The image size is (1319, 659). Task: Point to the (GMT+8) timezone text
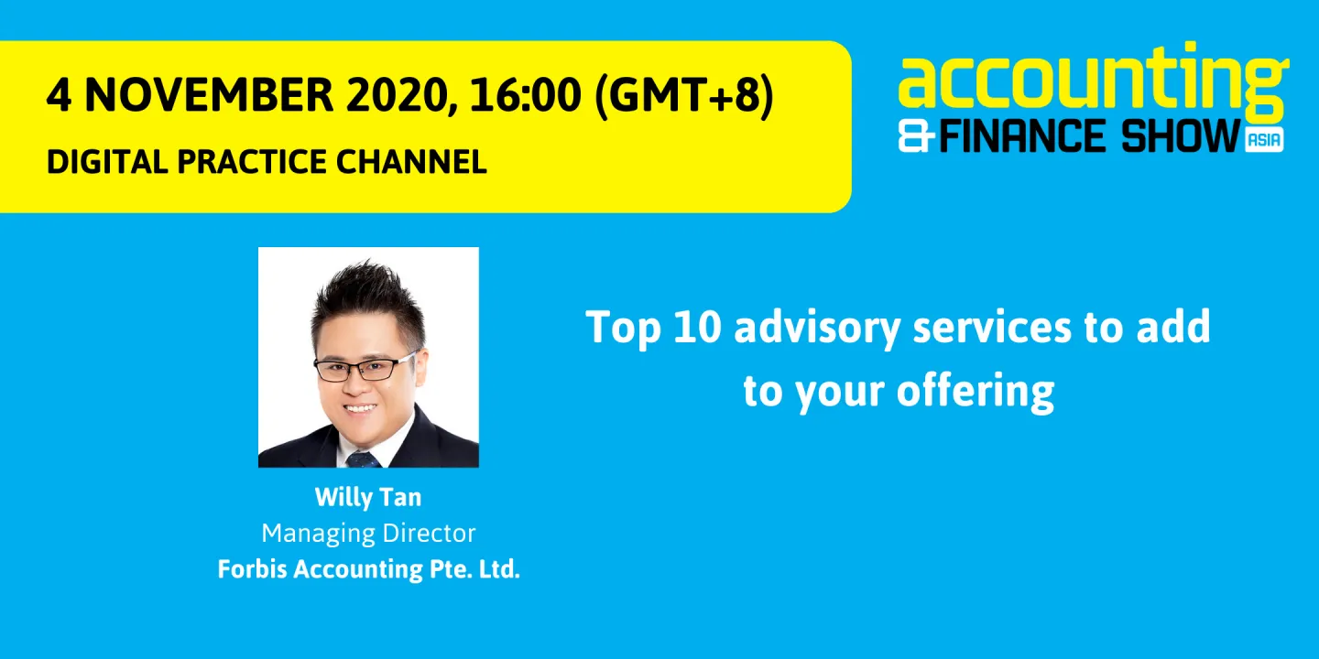pos(683,96)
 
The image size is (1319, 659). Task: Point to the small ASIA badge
pos(1264,140)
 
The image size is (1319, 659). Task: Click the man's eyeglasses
pos(365,368)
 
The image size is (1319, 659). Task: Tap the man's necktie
pos(363,458)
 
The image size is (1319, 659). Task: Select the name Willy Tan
pos(368,497)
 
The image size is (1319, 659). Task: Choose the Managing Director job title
pos(368,533)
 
